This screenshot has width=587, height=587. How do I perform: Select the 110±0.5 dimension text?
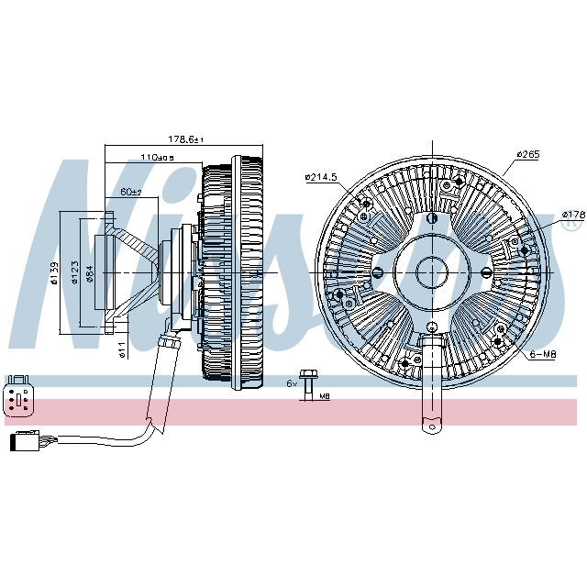[157, 157]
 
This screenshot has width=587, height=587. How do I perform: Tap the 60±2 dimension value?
[130, 192]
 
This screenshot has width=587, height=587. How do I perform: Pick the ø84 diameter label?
[89, 273]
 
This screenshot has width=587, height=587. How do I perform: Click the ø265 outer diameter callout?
[527, 154]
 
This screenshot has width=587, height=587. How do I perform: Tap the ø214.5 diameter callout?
[322, 177]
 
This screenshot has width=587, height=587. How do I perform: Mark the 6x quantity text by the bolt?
[292, 382]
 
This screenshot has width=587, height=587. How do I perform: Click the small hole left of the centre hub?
[378, 272]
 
